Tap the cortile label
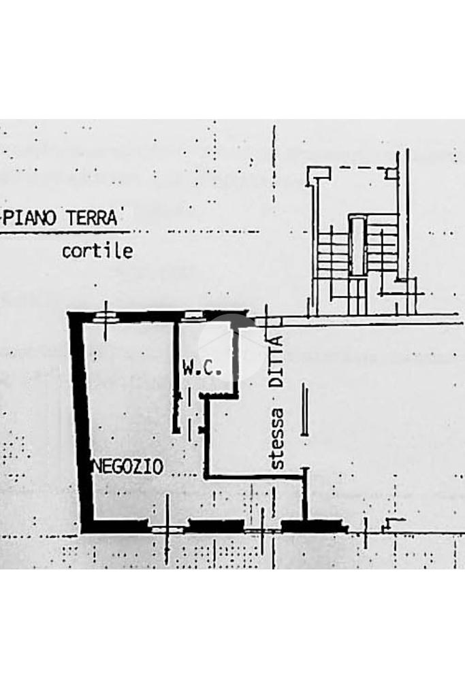point(97,251)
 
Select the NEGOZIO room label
point(128,467)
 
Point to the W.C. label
point(202,369)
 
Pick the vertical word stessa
point(276,439)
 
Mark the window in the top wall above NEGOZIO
point(106,316)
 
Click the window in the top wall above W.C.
point(193,314)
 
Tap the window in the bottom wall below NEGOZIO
point(166,528)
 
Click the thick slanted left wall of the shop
point(81,422)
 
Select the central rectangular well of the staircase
point(357,245)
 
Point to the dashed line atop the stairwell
point(361,167)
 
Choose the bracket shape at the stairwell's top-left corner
point(313,176)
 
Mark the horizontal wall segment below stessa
point(255,478)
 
